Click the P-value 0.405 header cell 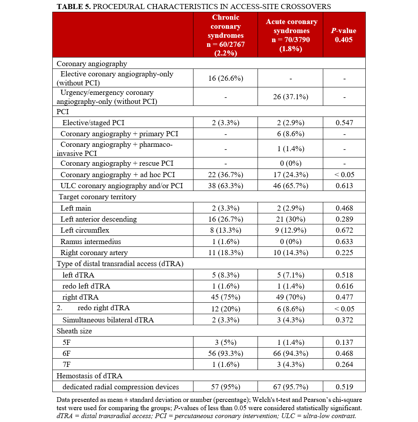(x=344, y=35)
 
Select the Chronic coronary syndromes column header (x=225, y=35)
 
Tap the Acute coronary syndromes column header (x=290, y=35)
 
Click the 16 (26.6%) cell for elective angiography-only (x=225, y=78)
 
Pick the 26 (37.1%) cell (x=290, y=97)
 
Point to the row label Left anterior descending (x=98, y=219)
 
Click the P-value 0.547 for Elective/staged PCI (x=344, y=123)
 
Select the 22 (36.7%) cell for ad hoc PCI (x=225, y=175)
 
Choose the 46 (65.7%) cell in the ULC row (x=290, y=186)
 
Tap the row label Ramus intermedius (x=90, y=242)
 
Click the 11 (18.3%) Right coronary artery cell (x=225, y=253)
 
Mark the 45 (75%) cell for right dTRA (x=225, y=297)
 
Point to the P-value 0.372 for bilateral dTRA (x=344, y=320)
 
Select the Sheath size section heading (x=74, y=331)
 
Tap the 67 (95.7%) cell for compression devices (x=290, y=387)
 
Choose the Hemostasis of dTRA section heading (x=84, y=376)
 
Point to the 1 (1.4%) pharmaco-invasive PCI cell (x=290, y=149)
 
